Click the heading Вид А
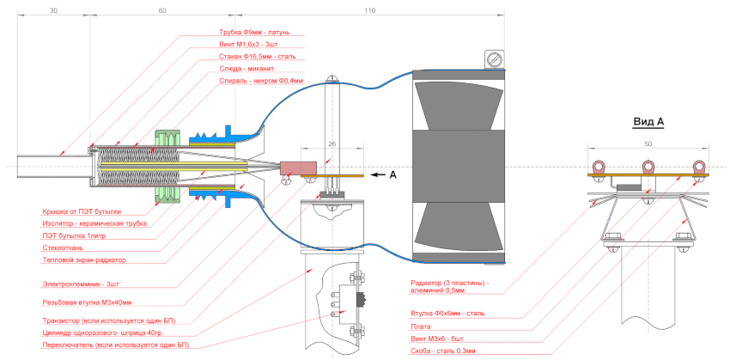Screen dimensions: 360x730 tap(648, 121)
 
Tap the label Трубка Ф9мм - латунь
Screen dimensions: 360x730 tap(255, 33)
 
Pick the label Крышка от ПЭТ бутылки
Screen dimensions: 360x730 tap(82, 211)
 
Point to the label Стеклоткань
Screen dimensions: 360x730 tap(64, 247)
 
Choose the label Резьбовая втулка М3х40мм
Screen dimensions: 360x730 tap(93, 302)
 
